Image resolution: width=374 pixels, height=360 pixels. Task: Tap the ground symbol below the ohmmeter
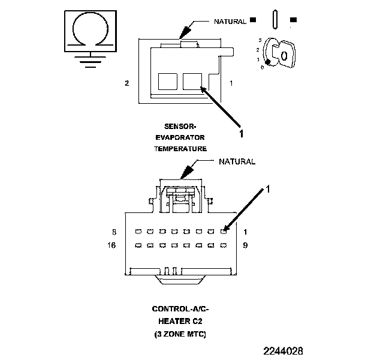click(90, 59)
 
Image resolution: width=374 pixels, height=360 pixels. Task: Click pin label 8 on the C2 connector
click(114, 232)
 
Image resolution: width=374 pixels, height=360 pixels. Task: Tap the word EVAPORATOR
click(180, 137)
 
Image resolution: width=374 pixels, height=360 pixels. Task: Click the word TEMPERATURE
click(180, 148)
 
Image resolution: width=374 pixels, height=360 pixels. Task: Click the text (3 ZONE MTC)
click(180, 333)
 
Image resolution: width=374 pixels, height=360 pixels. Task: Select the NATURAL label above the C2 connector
click(237, 162)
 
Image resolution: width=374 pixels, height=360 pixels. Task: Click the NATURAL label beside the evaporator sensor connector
click(230, 22)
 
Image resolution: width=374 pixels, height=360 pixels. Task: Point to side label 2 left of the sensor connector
click(127, 83)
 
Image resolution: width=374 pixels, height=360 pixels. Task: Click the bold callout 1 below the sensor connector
click(242, 134)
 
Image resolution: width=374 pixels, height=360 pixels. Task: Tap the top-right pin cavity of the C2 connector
click(224, 231)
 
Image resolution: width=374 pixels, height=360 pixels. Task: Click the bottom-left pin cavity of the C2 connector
click(137, 245)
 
